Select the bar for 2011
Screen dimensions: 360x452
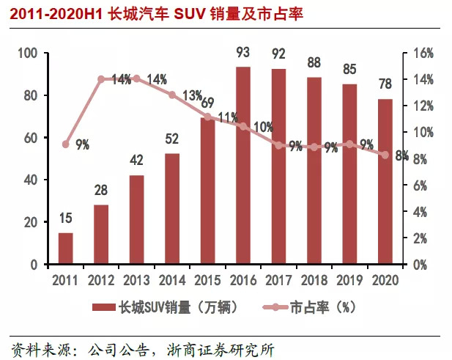[66, 249]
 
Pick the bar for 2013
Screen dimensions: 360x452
[136, 220]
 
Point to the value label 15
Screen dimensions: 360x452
[66, 218]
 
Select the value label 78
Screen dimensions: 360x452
[385, 85]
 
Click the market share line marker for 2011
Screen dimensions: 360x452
[66, 144]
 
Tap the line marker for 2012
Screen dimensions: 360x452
[101, 78]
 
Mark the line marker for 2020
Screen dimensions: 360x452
[385, 155]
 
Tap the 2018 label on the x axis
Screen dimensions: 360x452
[313, 279]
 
